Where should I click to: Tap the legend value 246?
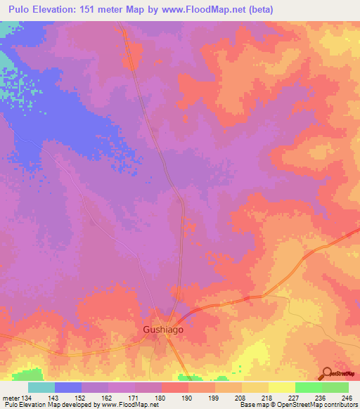click(x=346, y=398)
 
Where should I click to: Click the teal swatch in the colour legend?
click(x=41, y=387)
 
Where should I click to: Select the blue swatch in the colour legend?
click(x=68, y=387)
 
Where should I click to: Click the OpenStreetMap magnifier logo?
click(x=326, y=373)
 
